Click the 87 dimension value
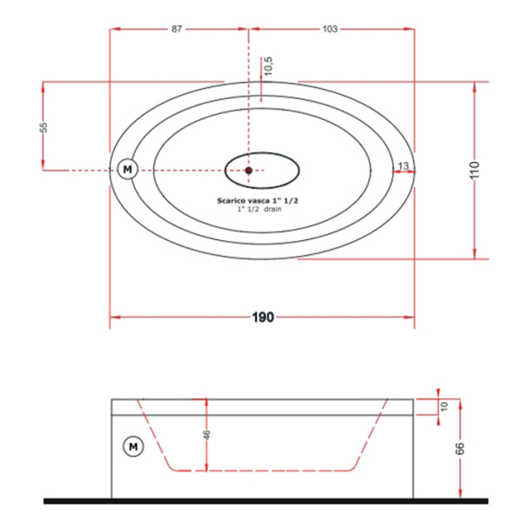pyautogui.click(x=177, y=29)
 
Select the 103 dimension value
pyautogui.click(x=330, y=29)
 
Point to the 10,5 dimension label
pyautogui.click(x=268, y=66)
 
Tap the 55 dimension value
pyautogui.click(x=43, y=128)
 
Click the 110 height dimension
pyautogui.click(x=475, y=170)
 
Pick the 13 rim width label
pyautogui.click(x=403, y=165)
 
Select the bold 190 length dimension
pyautogui.click(x=263, y=318)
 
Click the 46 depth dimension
pyautogui.click(x=206, y=435)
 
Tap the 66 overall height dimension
pyautogui.click(x=459, y=449)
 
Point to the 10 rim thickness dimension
pyautogui.click(x=445, y=406)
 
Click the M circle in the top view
pyautogui.click(x=128, y=170)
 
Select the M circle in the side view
pyautogui.click(x=133, y=446)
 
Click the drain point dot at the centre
pyautogui.click(x=248, y=171)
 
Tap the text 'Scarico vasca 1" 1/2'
pyautogui.click(x=258, y=200)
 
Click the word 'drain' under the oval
pyautogui.click(x=272, y=209)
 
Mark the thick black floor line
pyautogui.click(x=265, y=501)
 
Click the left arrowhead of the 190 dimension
pyautogui.click(x=115, y=318)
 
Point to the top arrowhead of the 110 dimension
pyautogui.click(x=474, y=87)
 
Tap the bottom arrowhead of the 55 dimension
pyautogui.click(x=43, y=164)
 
